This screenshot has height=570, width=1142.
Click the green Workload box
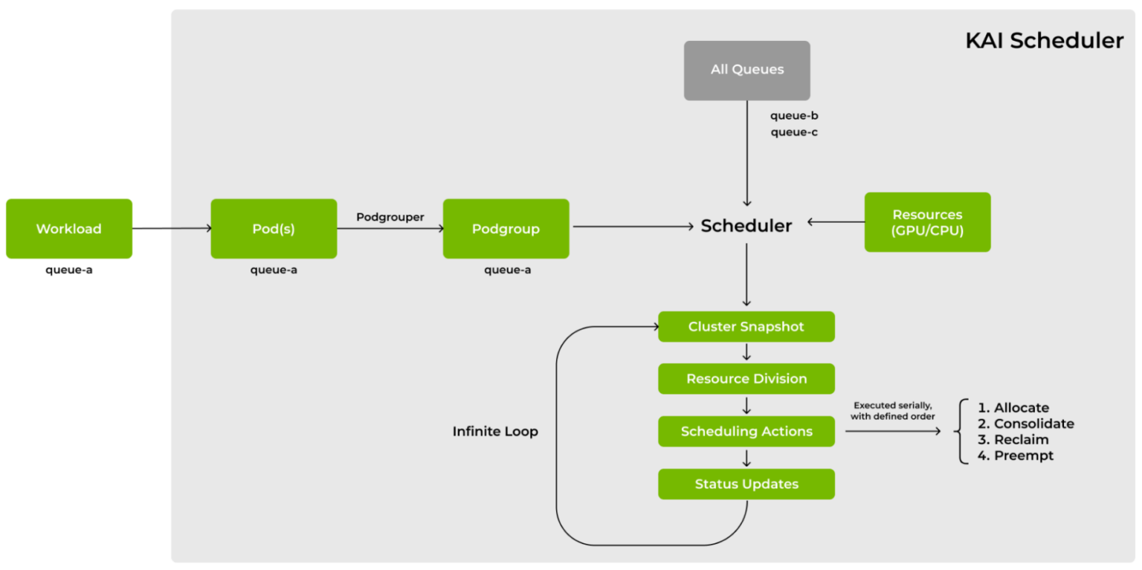[x=69, y=229]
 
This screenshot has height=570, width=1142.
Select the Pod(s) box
[x=274, y=229]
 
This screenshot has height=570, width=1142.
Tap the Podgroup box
[x=506, y=229]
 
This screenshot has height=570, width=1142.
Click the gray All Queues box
[x=746, y=71]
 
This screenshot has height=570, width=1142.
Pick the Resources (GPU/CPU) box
[x=927, y=222]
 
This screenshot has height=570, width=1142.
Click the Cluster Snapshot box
[x=746, y=327]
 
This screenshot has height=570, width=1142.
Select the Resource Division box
[x=746, y=379]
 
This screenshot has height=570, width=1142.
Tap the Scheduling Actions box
[x=746, y=432]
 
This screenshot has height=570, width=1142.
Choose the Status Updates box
[x=746, y=485]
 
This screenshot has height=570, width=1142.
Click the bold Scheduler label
[x=746, y=226]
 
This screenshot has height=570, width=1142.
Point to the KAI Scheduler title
[x=1044, y=41]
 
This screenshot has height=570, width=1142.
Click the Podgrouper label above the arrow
[x=390, y=217]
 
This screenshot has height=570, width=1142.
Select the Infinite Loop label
[x=495, y=432]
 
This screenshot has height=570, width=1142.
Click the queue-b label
[x=794, y=116]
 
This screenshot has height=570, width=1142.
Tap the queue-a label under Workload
[x=69, y=270]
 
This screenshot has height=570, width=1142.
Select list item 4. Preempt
[x=1016, y=456]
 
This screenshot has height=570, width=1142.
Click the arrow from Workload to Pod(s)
[x=171, y=229]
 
